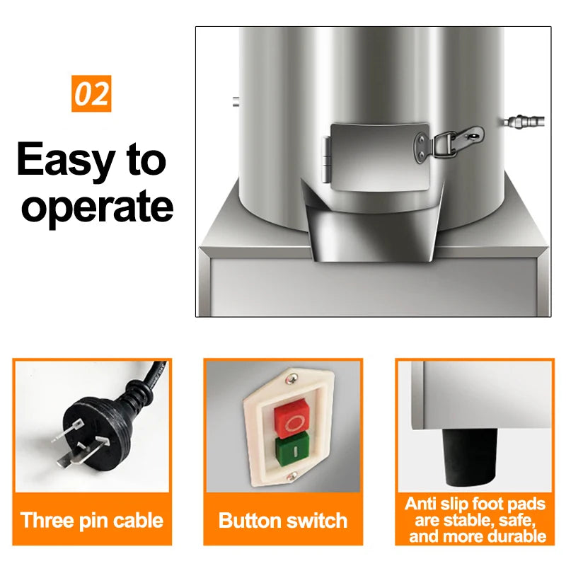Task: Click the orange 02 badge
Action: pyautogui.click(x=91, y=93)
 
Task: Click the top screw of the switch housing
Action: pyautogui.click(x=291, y=379)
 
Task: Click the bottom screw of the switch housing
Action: pyautogui.click(x=291, y=476)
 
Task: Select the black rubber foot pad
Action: pyautogui.click(x=469, y=457)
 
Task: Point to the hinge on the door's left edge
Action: pyautogui.click(x=326, y=158)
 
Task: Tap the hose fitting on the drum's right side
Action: pyautogui.click(x=524, y=122)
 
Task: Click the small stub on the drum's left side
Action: pyautogui.click(x=236, y=101)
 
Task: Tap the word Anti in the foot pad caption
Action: pyautogui.click(x=418, y=504)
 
